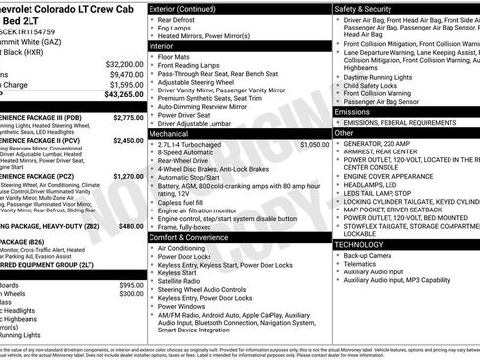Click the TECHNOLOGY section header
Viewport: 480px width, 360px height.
(x=358, y=243)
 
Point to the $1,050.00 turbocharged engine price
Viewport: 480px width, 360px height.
(x=313, y=144)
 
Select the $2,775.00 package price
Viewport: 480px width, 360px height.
(x=127, y=117)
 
